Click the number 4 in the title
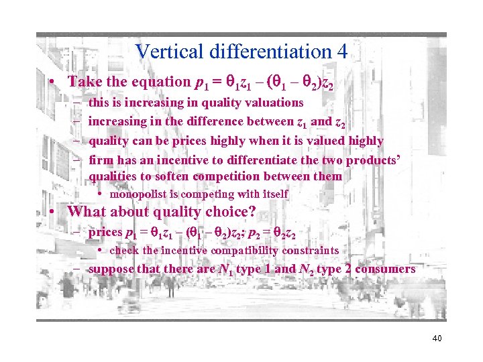(341, 52)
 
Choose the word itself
(272, 194)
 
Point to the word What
(87, 212)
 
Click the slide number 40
(436, 338)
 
